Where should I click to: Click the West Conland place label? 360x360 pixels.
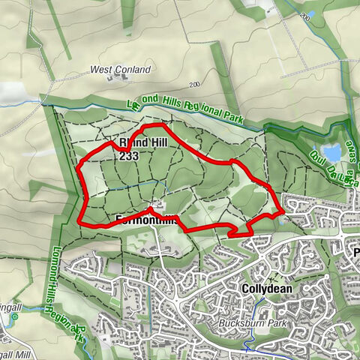coord(120,70)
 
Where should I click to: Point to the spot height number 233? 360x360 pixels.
coord(129,157)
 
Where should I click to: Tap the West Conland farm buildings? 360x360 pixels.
coord(118,77)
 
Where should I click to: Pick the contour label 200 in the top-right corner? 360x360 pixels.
coord(304,15)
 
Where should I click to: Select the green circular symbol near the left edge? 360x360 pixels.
coord(14,317)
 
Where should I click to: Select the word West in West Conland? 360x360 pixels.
coord(101,70)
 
